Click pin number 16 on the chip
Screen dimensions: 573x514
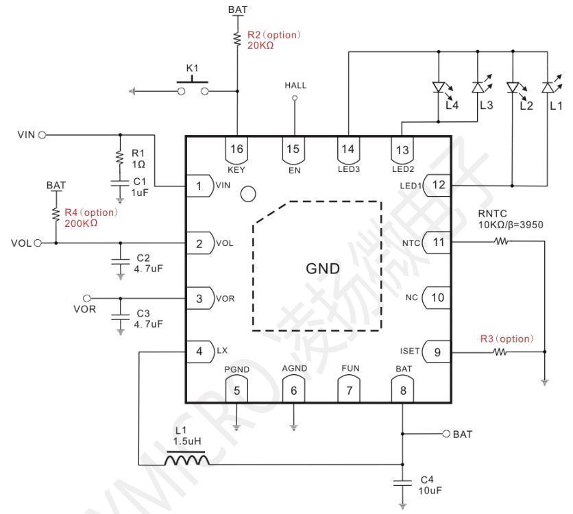[236, 149]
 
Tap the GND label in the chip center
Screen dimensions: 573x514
[323, 269]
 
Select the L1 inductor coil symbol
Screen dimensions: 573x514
[186, 458]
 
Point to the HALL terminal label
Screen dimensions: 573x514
[295, 86]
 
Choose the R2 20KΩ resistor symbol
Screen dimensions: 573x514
[238, 39]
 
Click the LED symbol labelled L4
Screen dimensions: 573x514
[439, 88]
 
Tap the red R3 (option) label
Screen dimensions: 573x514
[507, 339]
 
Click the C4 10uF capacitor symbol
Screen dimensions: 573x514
[402, 483]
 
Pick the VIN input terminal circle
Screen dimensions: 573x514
[42, 135]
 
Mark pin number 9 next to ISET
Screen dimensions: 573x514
[437, 352]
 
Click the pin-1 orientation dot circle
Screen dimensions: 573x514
[249, 194]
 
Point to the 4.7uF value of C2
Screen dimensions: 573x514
[148, 269]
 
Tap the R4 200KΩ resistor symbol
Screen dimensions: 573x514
[56, 214]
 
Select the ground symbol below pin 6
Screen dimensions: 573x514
[294, 427]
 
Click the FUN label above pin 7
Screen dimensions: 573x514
[350, 368]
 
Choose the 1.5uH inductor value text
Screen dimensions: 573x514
[187, 441]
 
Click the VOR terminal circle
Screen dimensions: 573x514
[87, 299]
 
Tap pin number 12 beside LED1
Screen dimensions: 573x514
[439, 184]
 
